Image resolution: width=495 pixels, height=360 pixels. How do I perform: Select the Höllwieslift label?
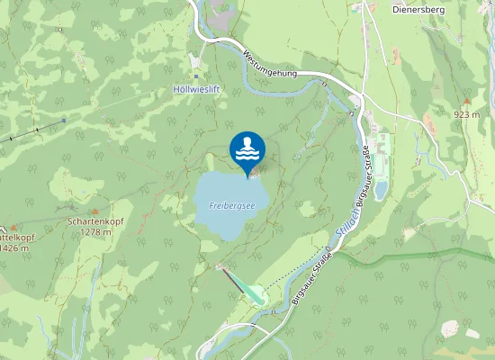tap(196, 90)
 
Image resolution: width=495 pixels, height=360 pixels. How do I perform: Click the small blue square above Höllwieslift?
tap(196, 76)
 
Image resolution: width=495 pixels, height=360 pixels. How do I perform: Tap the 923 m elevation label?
tap(466, 114)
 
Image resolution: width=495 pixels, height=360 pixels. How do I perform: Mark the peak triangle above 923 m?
tap(466, 101)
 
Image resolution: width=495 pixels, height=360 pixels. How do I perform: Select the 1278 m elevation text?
tap(94, 231)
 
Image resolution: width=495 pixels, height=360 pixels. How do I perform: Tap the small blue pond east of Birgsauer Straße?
tap(382, 189)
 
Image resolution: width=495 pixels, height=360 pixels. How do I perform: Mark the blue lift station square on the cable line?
tap(64, 121)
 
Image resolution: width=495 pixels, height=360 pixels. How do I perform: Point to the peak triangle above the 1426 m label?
tap(13, 227)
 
